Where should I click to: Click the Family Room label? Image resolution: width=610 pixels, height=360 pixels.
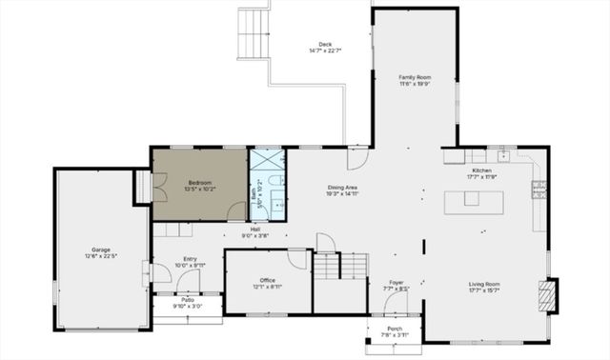pyautogui.click(x=415, y=76)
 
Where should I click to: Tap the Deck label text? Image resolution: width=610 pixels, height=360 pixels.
pyautogui.click(x=325, y=44)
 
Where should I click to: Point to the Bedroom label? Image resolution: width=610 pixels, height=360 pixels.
pyautogui.click(x=199, y=181)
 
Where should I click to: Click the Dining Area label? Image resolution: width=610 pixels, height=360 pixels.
pyautogui.click(x=342, y=187)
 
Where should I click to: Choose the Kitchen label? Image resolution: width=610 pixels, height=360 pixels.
pyautogui.click(x=482, y=170)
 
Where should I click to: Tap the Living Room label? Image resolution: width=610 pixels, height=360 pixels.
pyautogui.click(x=484, y=284)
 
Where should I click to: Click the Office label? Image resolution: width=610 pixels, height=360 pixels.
pyautogui.click(x=268, y=279)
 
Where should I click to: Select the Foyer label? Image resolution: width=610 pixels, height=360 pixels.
pyautogui.click(x=396, y=282)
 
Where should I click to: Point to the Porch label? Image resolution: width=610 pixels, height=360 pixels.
pyautogui.click(x=394, y=329)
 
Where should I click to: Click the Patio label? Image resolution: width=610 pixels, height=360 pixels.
pyautogui.click(x=188, y=300)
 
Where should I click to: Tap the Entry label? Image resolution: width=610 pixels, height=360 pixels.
pyautogui.click(x=191, y=258)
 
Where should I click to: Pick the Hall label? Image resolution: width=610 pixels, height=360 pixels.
pyautogui.click(x=255, y=229)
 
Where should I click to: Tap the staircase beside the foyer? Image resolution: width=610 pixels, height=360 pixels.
pyautogui.click(x=340, y=266)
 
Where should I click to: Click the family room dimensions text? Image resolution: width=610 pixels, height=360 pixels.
pyautogui.click(x=415, y=83)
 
